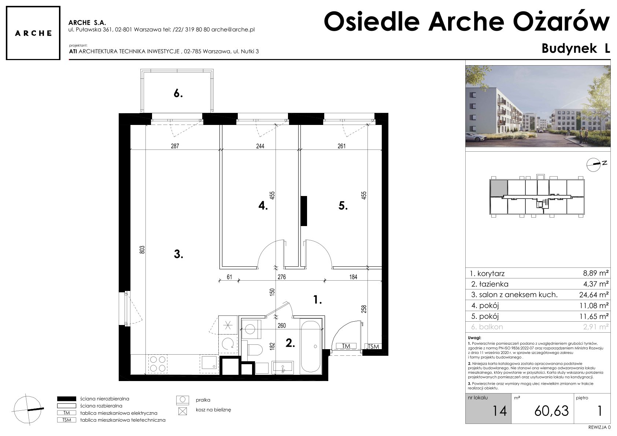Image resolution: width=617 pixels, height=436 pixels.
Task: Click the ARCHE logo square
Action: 33,33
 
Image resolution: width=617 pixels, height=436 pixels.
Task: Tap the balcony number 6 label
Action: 178,94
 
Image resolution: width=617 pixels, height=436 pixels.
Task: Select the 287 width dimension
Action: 175,146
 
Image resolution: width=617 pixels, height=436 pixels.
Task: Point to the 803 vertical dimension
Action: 142,250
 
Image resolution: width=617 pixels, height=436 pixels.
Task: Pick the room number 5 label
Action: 343,206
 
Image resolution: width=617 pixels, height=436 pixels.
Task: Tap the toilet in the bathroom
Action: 255,350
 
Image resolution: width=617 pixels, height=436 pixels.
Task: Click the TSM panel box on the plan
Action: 373,347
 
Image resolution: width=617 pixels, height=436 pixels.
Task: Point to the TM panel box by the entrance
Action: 346,346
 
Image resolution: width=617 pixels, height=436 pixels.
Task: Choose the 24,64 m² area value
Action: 594,295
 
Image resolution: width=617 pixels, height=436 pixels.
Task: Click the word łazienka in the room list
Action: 494,284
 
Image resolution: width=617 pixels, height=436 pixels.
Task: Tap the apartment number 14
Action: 499,411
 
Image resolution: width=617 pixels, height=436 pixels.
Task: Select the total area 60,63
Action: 551,411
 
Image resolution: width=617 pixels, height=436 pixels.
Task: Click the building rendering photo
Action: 537,106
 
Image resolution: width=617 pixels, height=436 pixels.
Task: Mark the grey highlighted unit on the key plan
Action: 499,188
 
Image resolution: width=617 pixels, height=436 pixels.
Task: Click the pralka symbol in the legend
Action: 182,400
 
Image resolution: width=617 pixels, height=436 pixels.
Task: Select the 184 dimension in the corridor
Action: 354,277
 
